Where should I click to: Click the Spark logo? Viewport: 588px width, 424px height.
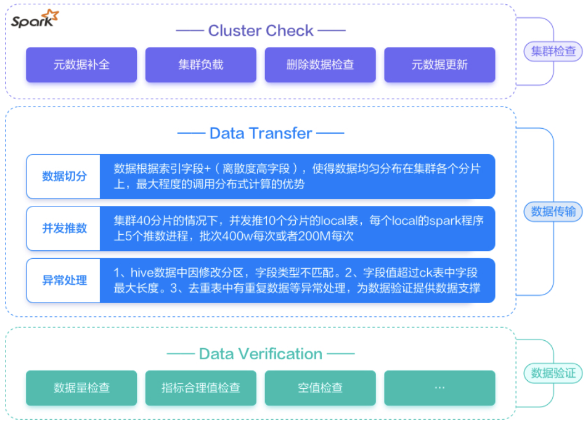(35, 20)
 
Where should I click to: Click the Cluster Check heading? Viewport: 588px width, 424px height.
(261, 30)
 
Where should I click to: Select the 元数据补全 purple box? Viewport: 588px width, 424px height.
(81, 65)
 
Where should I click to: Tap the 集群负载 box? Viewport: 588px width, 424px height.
(201, 65)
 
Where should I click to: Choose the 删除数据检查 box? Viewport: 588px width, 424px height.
(321, 65)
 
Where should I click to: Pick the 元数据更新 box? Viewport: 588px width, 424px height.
(439, 65)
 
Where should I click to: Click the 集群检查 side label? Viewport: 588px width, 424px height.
(553, 51)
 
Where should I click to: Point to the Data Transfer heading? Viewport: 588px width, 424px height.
(261, 133)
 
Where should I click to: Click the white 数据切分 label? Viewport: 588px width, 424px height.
(64, 176)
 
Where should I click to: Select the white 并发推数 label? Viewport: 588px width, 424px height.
(64, 229)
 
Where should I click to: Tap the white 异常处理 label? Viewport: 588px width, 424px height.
(64, 280)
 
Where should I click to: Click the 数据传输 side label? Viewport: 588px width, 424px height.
(553, 212)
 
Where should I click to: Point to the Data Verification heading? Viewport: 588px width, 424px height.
(261, 354)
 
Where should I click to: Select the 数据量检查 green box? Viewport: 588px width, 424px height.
(81, 388)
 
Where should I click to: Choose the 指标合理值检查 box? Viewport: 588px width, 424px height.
(201, 388)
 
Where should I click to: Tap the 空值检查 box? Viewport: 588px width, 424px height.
(321, 388)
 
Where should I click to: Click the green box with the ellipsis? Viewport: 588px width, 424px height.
(439, 388)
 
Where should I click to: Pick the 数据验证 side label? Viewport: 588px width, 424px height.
(553, 373)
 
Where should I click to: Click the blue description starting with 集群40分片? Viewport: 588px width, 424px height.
(298, 229)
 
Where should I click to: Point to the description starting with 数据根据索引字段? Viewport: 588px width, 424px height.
(298, 176)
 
